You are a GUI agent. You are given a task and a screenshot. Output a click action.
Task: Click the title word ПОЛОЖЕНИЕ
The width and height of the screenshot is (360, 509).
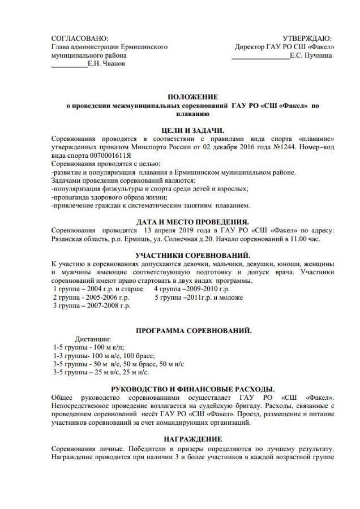(192, 97)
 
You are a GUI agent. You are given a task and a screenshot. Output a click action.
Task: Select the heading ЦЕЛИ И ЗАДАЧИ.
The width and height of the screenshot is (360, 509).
(192, 130)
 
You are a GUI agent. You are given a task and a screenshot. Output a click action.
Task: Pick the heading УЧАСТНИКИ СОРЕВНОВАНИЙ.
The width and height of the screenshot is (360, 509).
(192, 256)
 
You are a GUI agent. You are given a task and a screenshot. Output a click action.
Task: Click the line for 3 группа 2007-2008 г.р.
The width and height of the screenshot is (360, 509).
(91, 306)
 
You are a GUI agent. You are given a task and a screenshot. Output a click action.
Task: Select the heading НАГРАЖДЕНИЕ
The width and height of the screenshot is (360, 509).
(192, 439)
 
